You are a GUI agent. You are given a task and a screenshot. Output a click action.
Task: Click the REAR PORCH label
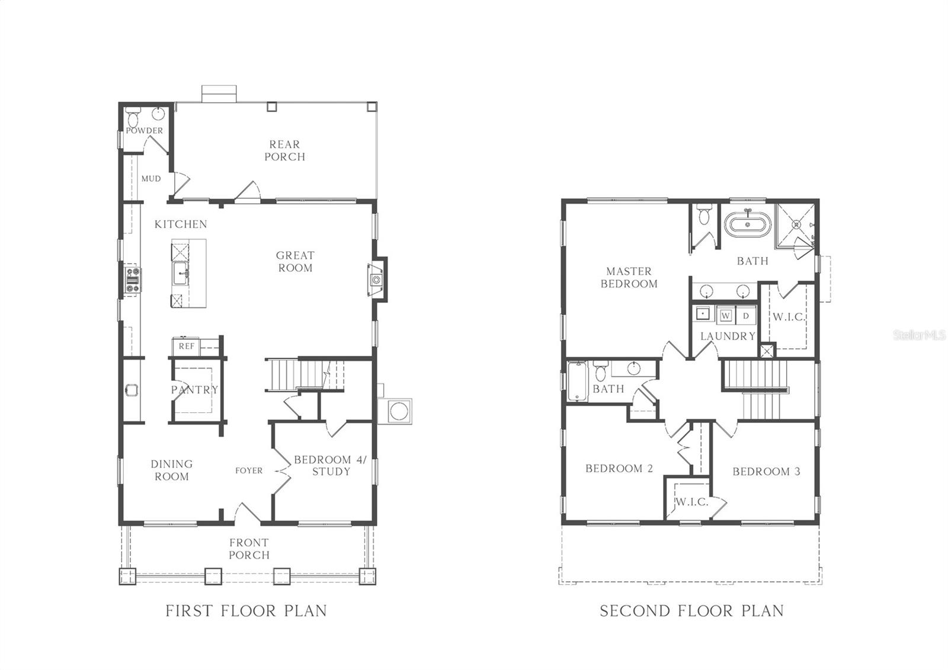(284, 150)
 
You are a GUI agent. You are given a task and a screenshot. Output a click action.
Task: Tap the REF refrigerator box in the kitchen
(186, 346)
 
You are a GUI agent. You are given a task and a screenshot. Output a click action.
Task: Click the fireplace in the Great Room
(376, 280)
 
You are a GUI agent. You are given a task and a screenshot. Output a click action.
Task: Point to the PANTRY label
(194, 390)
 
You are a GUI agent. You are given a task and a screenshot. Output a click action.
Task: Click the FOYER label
(248, 470)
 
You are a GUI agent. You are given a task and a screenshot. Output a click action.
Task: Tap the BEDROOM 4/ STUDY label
(331, 466)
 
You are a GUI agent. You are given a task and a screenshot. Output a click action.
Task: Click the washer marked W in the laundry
(726, 316)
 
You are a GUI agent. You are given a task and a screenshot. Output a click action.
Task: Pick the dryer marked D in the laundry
(746, 316)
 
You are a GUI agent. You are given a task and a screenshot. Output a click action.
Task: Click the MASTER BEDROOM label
(629, 277)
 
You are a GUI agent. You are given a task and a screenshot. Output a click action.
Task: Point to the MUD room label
(150, 178)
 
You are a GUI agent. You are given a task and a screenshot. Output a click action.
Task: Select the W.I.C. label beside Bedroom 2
(691, 502)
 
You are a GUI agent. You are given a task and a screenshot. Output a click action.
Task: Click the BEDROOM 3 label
(766, 472)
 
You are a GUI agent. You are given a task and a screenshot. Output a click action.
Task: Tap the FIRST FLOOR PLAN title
(246, 611)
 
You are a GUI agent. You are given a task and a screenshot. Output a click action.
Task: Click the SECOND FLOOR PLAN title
(691, 611)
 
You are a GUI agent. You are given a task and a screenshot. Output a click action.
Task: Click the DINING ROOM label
(171, 470)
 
